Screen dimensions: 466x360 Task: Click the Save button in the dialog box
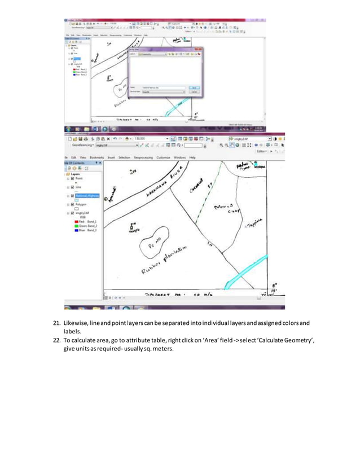coord(194,87)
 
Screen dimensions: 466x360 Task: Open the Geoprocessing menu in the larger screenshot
coord(146,157)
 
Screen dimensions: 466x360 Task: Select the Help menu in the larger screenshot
coord(192,157)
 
